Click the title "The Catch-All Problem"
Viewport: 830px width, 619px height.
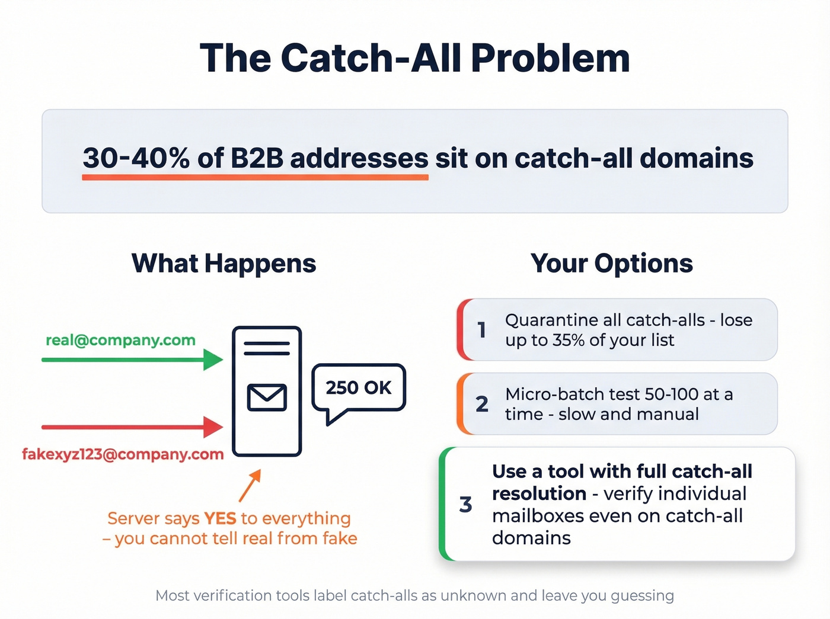tap(414, 58)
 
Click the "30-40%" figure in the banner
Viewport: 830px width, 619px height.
tap(136, 158)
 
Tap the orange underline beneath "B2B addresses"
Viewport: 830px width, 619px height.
tap(255, 177)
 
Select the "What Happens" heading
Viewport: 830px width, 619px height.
tap(224, 264)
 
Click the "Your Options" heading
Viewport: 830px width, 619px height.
tap(611, 264)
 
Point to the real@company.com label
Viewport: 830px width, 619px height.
tap(120, 340)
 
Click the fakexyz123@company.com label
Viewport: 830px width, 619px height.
tap(123, 454)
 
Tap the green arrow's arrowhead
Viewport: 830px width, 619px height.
tap(212, 360)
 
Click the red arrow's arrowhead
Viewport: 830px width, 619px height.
tap(212, 427)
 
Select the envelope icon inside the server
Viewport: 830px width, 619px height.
tap(267, 397)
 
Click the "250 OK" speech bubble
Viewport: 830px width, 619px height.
tap(359, 388)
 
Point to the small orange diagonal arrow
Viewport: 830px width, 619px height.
tap(250, 486)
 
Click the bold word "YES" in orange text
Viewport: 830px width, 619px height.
tap(220, 518)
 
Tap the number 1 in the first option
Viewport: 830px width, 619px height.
tap(482, 330)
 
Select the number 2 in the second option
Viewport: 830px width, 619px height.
tap(482, 404)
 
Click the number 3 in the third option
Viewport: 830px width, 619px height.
tap(466, 505)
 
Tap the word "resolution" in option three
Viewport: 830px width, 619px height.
tap(539, 493)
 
